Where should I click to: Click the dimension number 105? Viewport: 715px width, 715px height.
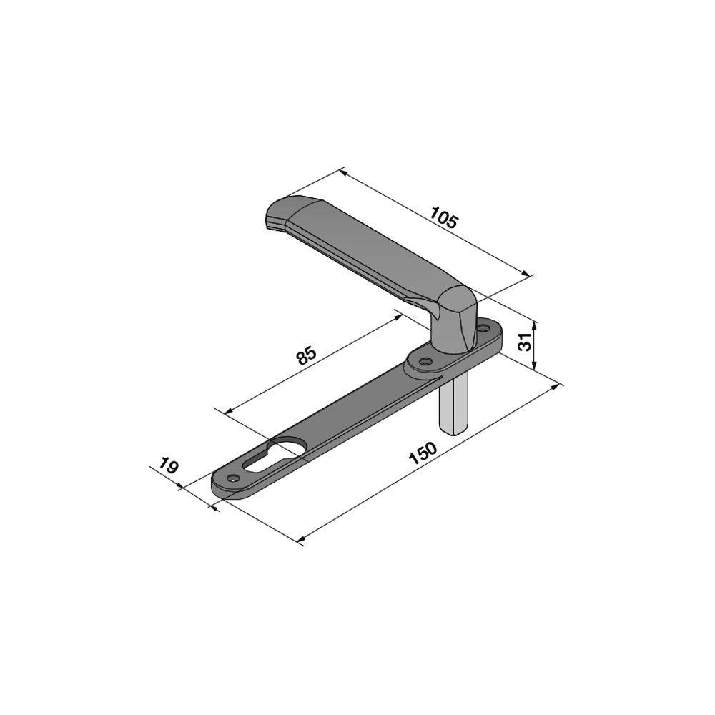click(x=443, y=218)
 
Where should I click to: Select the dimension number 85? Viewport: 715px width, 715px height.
click(x=306, y=355)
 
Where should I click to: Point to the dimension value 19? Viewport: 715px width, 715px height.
click(x=168, y=465)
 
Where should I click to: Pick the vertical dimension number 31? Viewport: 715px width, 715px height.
click(x=526, y=342)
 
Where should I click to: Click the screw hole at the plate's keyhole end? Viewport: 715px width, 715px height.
click(x=234, y=478)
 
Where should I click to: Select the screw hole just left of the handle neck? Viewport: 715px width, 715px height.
click(x=426, y=362)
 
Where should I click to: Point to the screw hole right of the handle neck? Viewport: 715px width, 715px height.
click(x=481, y=327)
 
